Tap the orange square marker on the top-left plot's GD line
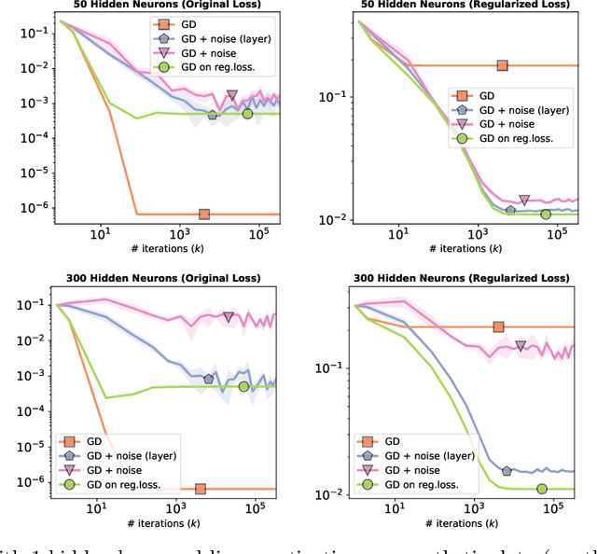click(203, 214)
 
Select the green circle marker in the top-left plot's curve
click(247, 114)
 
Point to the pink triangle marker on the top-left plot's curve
click(232, 96)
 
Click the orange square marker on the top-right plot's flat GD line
click(503, 65)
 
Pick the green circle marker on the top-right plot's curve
click(546, 214)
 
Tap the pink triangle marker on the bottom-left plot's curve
click(229, 317)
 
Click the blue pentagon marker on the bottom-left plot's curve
click(208, 379)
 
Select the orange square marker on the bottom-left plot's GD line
click(200, 489)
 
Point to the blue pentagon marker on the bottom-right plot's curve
click(507, 471)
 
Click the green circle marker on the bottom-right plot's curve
click(542, 489)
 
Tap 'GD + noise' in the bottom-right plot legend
click(413, 471)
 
